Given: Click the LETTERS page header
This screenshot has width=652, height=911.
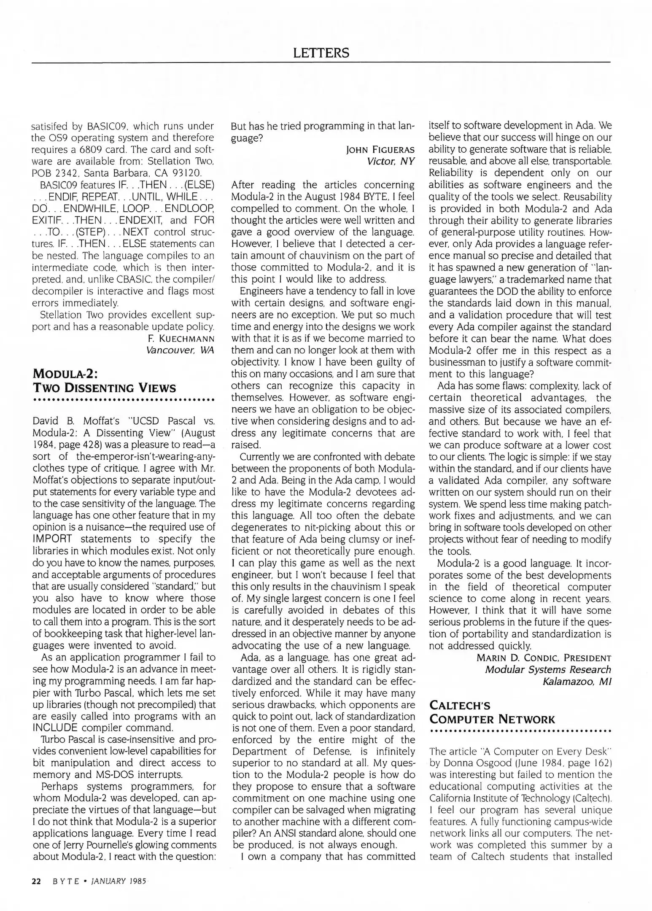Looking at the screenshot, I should [321, 53].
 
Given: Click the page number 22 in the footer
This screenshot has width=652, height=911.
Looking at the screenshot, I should [36, 881].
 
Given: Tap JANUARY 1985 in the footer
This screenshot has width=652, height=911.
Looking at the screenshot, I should [119, 881].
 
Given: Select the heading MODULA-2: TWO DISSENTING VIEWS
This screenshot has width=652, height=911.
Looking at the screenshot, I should [104, 381].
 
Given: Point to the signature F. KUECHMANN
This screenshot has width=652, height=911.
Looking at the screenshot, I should [181, 339].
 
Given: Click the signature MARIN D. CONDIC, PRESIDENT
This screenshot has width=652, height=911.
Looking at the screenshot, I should [544, 658].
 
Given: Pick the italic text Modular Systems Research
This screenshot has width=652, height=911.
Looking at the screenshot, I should [547, 670].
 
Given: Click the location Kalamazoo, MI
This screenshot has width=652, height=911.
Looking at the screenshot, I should [577, 682].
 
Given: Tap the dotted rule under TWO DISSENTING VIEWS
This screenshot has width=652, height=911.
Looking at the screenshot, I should [124, 399].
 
